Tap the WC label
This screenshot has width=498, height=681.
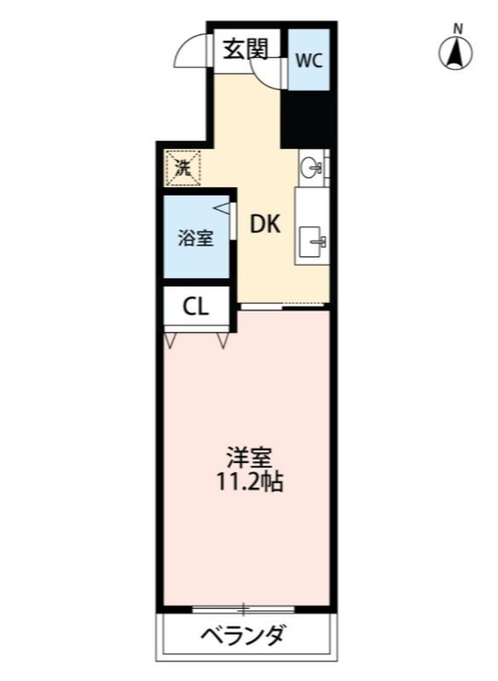click(309, 60)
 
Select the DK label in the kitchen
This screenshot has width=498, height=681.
click(266, 225)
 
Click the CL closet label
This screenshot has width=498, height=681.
click(196, 306)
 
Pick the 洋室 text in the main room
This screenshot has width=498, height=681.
click(249, 458)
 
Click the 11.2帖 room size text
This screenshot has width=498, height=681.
click(249, 482)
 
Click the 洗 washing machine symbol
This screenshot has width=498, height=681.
click(182, 169)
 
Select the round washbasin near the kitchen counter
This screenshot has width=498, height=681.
click(312, 167)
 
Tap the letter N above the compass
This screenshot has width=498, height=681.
click(457, 29)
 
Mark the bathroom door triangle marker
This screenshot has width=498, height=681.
click(222, 208)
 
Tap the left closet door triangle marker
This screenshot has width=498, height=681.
click(169, 340)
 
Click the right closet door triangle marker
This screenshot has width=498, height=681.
click(223, 340)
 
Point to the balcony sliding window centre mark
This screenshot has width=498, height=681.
click(244, 609)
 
